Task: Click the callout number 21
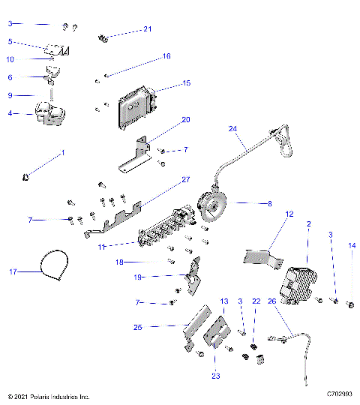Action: click(x=148, y=29)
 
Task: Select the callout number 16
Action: click(x=166, y=56)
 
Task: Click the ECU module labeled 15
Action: click(x=133, y=106)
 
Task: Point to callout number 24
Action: click(x=232, y=129)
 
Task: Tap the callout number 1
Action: click(x=63, y=153)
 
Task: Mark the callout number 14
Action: click(x=352, y=245)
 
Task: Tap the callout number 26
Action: click(x=271, y=301)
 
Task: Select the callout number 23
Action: click(x=217, y=376)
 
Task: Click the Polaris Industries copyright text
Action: click(x=48, y=396)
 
